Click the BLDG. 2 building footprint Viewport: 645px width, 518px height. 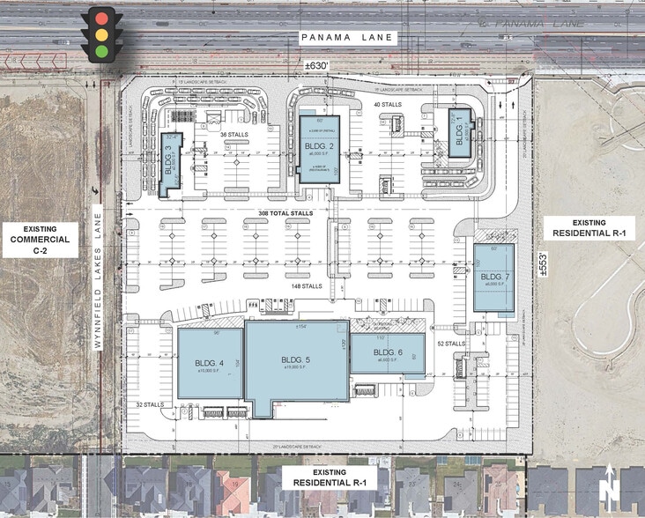pos(318,147)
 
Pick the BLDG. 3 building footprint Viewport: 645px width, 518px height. pos(171,165)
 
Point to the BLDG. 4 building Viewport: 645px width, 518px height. pos(209,363)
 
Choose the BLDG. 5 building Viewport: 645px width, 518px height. pos(295,364)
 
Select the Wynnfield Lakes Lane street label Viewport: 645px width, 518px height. pos(99,277)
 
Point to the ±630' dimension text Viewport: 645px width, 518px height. pos(315,66)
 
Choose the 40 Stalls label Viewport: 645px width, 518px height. pos(388,105)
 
